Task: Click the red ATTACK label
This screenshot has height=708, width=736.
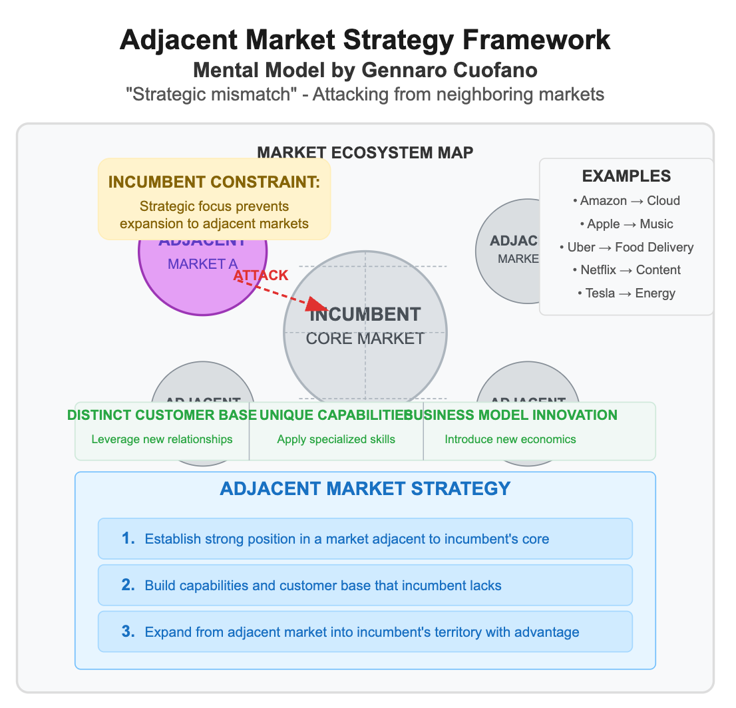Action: pyautogui.click(x=261, y=275)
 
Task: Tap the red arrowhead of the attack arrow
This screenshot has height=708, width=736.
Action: pyautogui.click(x=317, y=305)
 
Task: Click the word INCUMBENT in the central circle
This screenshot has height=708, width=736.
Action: pyautogui.click(x=365, y=314)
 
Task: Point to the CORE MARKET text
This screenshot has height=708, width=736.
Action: pyautogui.click(x=365, y=338)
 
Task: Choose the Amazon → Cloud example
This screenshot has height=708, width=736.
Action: pyautogui.click(x=626, y=200)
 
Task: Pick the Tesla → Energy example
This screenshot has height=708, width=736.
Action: pyautogui.click(x=626, y=293)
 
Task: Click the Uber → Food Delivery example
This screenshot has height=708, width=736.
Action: pyautogui.click(x=626, y=247)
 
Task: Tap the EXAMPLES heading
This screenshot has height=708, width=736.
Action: pyautogui.click(x=626, y=176)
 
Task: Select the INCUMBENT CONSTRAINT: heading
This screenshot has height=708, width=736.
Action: pyautogui.click(x=214, y=182)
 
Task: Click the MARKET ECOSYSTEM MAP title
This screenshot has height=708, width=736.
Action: pyautogui.click(x=365, y=152)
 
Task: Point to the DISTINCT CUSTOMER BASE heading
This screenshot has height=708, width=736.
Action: pyautogui.click(x=162, y=415)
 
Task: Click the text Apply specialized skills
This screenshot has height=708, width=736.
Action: pyautogui.click(x=336, y=439)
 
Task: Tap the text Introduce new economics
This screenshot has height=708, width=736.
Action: pyautogui.click(x=510, y=439)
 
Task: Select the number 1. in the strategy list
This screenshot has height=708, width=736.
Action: pyautogui.click(x=128, y=538)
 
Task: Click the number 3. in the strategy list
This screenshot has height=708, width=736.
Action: pyautogui.click(x=128, y=631)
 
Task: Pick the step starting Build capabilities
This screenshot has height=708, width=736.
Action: pyautogui.click(x=323, y=586)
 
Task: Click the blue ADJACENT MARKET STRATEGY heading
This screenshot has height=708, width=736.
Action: pyautogui.click(x=365, y=488)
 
